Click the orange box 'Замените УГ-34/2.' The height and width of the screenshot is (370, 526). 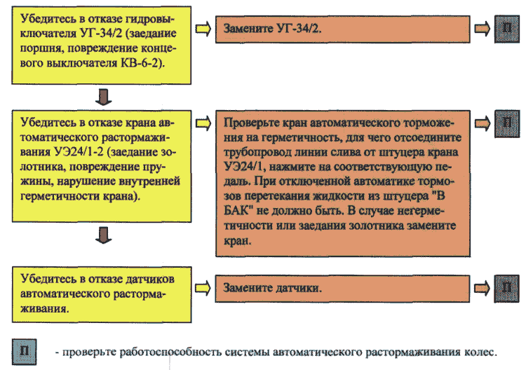[342, 29]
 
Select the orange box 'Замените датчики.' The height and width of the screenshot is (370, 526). [342, 289]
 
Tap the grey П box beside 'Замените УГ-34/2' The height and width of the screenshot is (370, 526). [507, 29]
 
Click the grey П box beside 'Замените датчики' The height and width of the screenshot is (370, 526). [507, 289]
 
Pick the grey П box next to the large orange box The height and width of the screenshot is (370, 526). [507, 124]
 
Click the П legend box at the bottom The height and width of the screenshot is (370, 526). [24, 352]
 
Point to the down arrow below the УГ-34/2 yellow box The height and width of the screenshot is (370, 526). [103, 97]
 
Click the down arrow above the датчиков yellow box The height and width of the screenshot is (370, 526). [103, 235]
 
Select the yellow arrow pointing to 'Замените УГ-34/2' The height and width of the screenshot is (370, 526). [203, 29]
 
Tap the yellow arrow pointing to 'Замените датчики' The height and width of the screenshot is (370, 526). [203, 288]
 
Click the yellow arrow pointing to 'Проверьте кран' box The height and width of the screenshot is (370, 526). [203, 123]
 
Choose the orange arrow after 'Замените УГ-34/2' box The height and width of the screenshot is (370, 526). [482, 29]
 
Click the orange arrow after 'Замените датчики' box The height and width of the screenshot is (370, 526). [482, 288]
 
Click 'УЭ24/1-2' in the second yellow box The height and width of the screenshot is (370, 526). [79, 152]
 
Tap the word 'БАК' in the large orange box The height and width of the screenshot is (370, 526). [238, 211]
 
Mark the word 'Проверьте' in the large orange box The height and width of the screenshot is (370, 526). [249, 123]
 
